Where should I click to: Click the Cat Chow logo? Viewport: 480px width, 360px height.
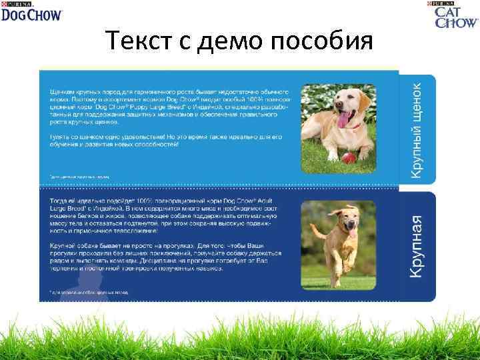coord(456,15)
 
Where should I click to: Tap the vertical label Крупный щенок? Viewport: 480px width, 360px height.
coord(415,129)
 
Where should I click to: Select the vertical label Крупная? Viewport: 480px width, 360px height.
coord(417,247)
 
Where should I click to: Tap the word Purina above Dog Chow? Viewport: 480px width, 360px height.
coord(11,3)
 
